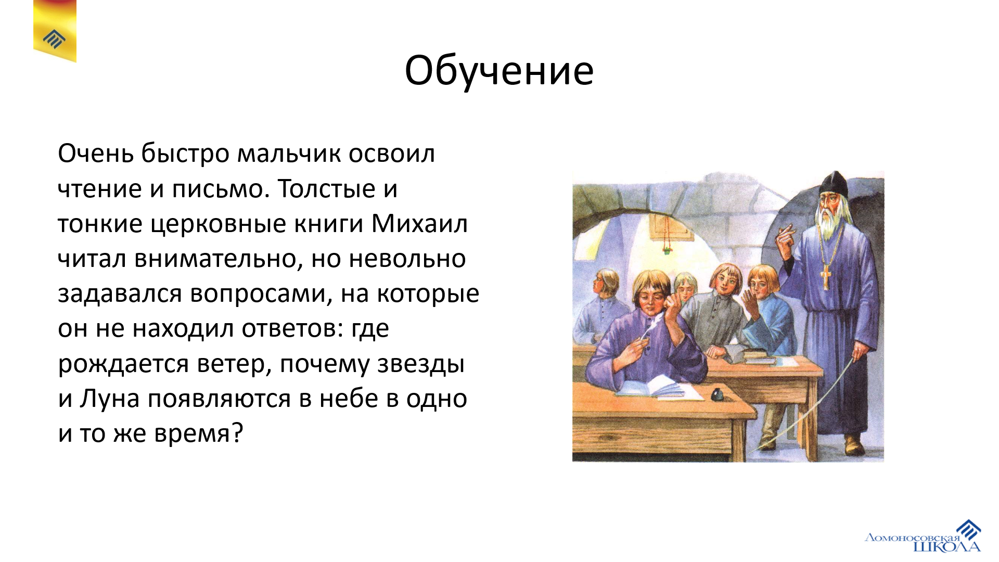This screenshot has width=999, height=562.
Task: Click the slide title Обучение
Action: (499, 71)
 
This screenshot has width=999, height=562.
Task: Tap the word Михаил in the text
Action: (419, 224)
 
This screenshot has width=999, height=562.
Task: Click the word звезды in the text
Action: (421, 364)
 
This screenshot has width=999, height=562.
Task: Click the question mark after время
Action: (237, 433)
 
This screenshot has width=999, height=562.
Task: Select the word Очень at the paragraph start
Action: (96, 154)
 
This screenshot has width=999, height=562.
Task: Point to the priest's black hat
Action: (834, 183)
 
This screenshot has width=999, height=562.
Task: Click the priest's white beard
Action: (828, 221)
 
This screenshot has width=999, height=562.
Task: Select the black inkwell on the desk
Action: (717, 395)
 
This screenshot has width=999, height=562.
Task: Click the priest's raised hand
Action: (785, 239)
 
